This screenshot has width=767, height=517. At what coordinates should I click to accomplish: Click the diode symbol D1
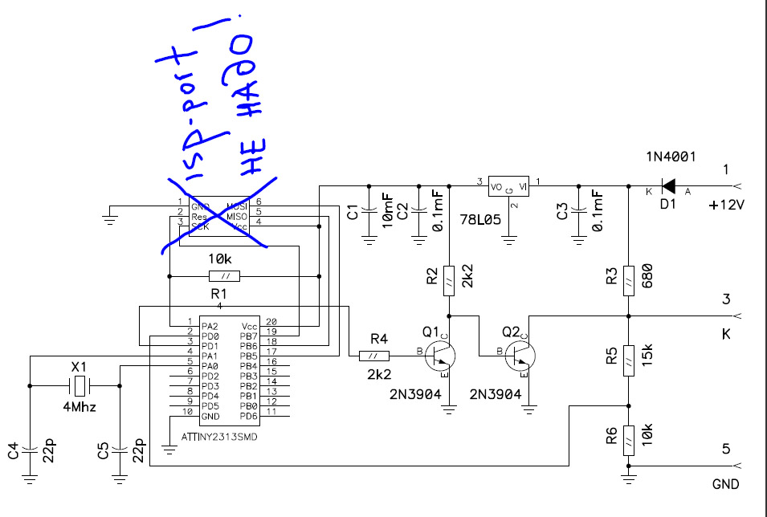pos(667,187)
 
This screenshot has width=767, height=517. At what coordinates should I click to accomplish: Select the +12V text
pos(727,206)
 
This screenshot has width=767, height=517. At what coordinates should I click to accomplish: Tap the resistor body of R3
pos(629,278)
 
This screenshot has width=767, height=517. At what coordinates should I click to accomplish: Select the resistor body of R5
pos(629,358)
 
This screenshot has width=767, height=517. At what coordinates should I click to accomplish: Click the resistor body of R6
pos(629,441)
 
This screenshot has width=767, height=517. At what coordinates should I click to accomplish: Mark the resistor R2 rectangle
pos(449,278)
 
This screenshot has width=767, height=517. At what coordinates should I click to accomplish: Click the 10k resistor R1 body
pos(224,277)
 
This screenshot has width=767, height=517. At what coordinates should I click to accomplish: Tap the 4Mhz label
pos(78,408)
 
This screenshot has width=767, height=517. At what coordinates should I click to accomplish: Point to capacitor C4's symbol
pos(30,446)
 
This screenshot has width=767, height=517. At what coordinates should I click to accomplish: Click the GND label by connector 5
pos(725,484)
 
